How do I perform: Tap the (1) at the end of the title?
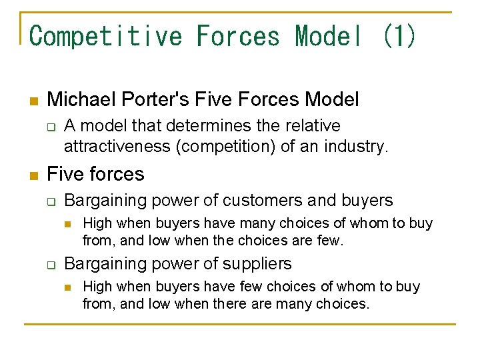pyautogui.click(x=399, y=35)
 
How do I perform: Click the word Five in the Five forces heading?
pyautogui.click(x=65, y=174)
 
